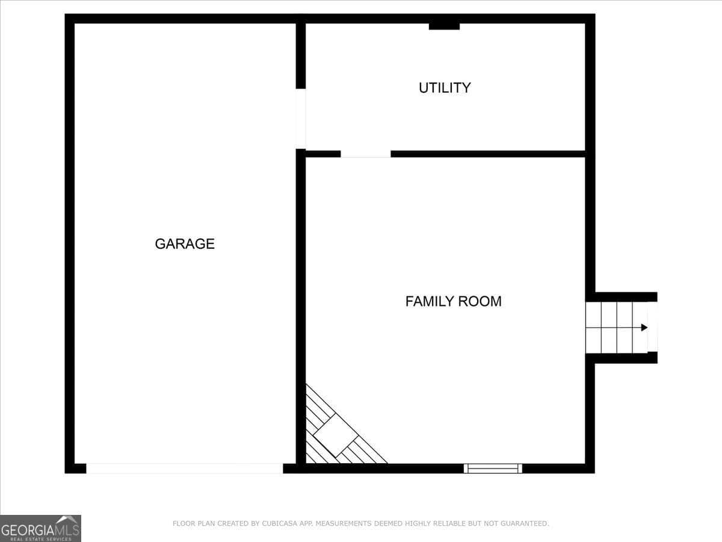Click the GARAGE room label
point(185,244)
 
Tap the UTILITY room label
point(445,88)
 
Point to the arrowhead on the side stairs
point(644,328)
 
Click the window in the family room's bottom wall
point(493,468)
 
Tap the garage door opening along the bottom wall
point(184,468)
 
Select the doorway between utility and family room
point(366,154)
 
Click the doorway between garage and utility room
point(301,119)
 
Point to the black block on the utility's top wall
point(444,26)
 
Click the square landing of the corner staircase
point(335,435)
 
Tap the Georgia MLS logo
point(40,528)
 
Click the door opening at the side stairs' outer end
point(652,328)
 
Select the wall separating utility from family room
point(487,154)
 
